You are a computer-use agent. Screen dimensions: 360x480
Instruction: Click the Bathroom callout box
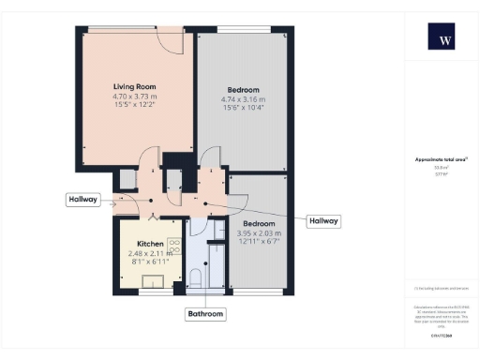click(x=205, y=313)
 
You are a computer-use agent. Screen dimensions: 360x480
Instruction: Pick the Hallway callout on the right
click(x=323, y=220)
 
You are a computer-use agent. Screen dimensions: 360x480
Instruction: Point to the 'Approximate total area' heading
click(x=441, y=160)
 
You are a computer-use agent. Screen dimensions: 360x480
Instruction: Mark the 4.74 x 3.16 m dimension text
click(x=243, y=100)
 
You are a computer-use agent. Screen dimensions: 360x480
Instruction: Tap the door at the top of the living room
click(x=169, y=38)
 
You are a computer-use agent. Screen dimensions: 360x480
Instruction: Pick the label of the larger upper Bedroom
click(x=243, y=91)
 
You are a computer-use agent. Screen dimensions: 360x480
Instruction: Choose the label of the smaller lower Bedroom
click(x=261, y=224)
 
